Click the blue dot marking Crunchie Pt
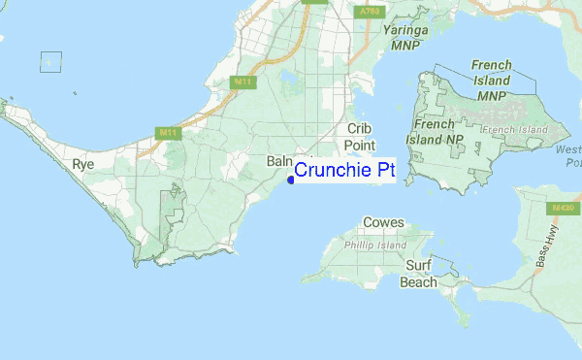(x=292, y=179)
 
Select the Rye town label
(x=83, y=165)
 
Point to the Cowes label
(x=383, y=223)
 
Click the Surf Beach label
(x=419, y=274)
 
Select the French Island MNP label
(x=491, y=80)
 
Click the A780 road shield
(x=367, y=12)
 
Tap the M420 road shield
(x=559, y=208)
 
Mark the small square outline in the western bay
(x=50, y=61)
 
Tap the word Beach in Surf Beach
(x=419, y=282)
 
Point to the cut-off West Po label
(x=568, y=156)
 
